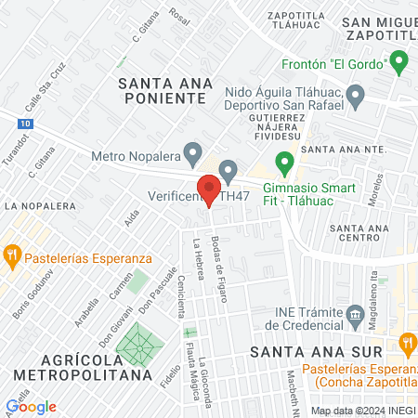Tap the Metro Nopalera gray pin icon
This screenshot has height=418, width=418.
pyautogui.click(x=193, y=151)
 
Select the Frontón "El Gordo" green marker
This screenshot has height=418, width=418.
pyautogui.click(x=400, y=63)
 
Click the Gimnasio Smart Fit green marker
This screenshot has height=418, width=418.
pyautogui.click(x=285, y=165)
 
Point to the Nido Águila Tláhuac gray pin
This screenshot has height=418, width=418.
pyautogui.click(x=354, y=94)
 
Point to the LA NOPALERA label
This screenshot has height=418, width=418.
pyautogui.click(x=39, y=204)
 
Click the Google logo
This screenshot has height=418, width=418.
pyautogui.click(x=31, y=406)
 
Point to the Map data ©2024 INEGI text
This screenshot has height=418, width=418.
pyautogui.click(x=360, y=411)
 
